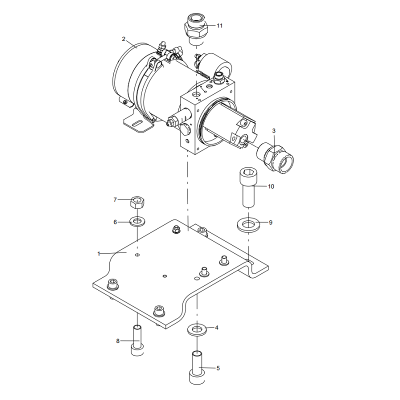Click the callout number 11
(219, 25)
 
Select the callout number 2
(123, 38)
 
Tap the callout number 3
(273, 130)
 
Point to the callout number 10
(271, 186)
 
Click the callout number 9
(270, 223)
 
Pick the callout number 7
(115, 200)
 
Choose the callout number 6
(115, 221)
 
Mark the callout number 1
(99, 254)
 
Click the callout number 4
(216, 328)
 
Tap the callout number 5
(218, 368)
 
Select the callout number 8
(118, 341)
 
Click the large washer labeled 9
(247, 223)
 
